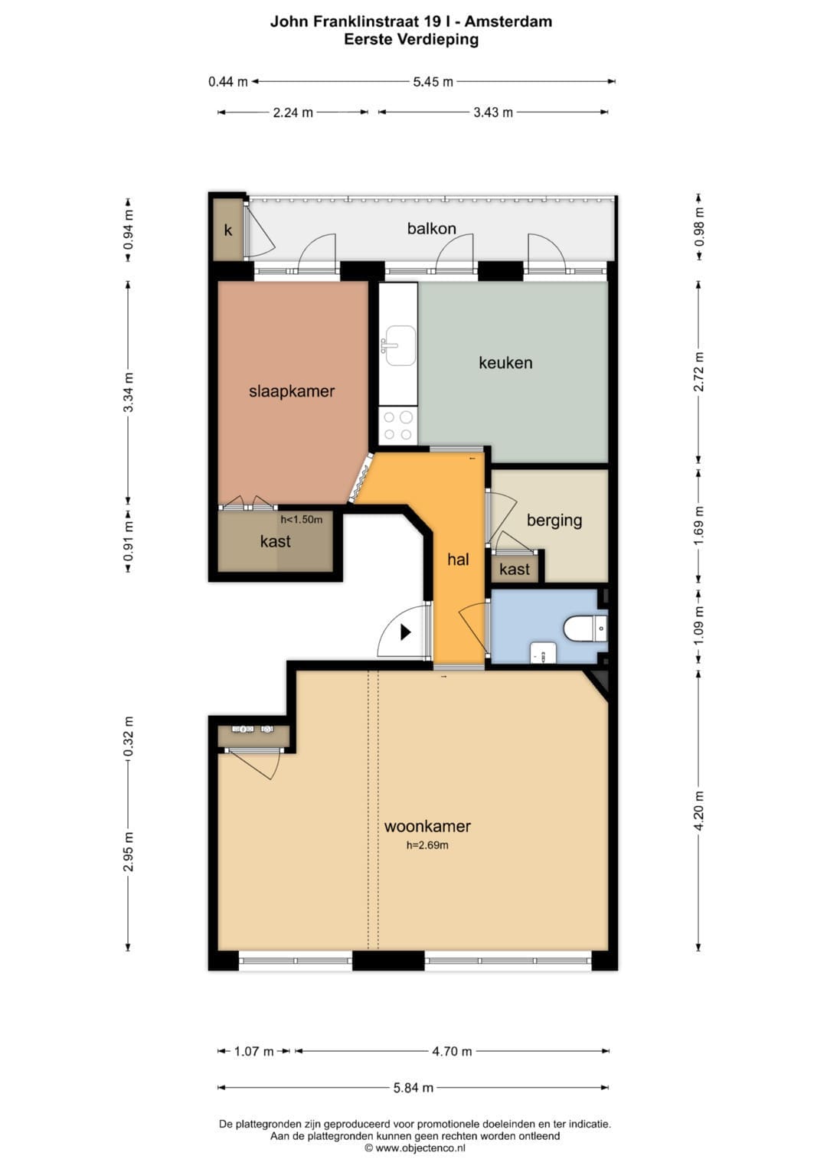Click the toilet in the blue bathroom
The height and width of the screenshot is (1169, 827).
click(x=586, y=628)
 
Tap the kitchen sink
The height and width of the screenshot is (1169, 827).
click(x=400, y=345)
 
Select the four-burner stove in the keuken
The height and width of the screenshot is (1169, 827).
click(x=398, y=426)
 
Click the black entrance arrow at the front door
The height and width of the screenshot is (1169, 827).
click(x=406, y=632)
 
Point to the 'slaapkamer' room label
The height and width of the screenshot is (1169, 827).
click(x=291, y=391)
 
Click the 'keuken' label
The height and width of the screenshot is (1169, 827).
click(x=505, y=362)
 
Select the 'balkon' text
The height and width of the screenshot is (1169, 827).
click(x=431, y=228)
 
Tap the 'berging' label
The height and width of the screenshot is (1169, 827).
click(x=554, y=521)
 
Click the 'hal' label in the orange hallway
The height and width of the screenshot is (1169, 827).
click(x=458, y=560)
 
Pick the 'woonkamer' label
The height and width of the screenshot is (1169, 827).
click(x=427, y=825)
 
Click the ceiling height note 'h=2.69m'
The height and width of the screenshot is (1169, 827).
click(x=427, y=845)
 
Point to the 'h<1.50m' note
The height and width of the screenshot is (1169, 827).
click(x=301, y=519)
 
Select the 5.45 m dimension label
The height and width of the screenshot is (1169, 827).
click(x=433, y=82)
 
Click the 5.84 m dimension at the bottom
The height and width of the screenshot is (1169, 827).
click(x=413, y=1088)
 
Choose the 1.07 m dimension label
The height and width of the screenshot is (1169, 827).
click(x=253, y=1051)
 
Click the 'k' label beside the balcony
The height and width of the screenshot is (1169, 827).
click(x=227, y=230)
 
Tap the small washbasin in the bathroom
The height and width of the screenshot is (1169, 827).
click(x=543, y=653)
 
